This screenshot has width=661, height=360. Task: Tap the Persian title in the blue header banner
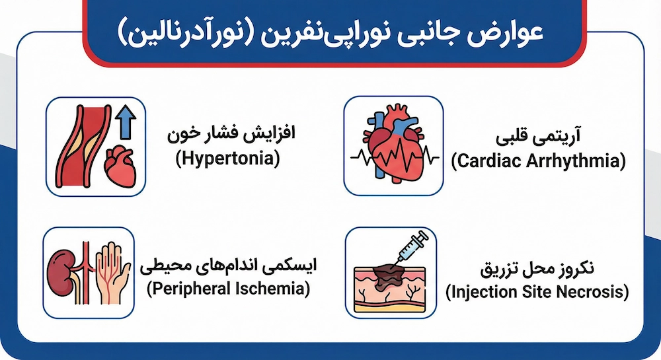point(330,32)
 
